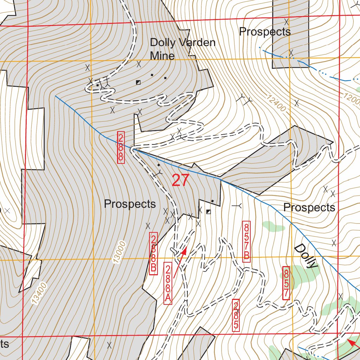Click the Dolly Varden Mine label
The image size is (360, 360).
pyautogui.click(x=182, y=49)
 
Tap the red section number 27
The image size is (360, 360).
pyautogui.click(x=181, y=180)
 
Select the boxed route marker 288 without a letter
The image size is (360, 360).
pyautogui.click(x=121, y=147)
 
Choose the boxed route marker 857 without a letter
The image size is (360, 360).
pyautogui.click(x=287, y=283)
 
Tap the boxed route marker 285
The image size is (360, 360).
pyautogui.click(x=236, y=315)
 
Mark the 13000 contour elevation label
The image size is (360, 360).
pyautogui.click(x=119, y=252)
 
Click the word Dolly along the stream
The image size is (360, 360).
pyautogui.click(x=305, y=256)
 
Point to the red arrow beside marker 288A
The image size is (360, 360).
pyautogui.click(x=180, y=262)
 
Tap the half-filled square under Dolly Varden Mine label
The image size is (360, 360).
pyautogui.click(x=138, y=82)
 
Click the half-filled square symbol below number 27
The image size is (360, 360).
pyautogui.click(x=208, y=212)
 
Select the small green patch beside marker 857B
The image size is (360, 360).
pyautogui.click(x=273, y=226)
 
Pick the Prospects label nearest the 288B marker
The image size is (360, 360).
pyautogui.click(x=130, y=204)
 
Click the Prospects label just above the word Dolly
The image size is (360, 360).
pyautogui.click(x=309, y=207)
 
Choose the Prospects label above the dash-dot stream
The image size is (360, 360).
pyautogui.click(x=265, y=32)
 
